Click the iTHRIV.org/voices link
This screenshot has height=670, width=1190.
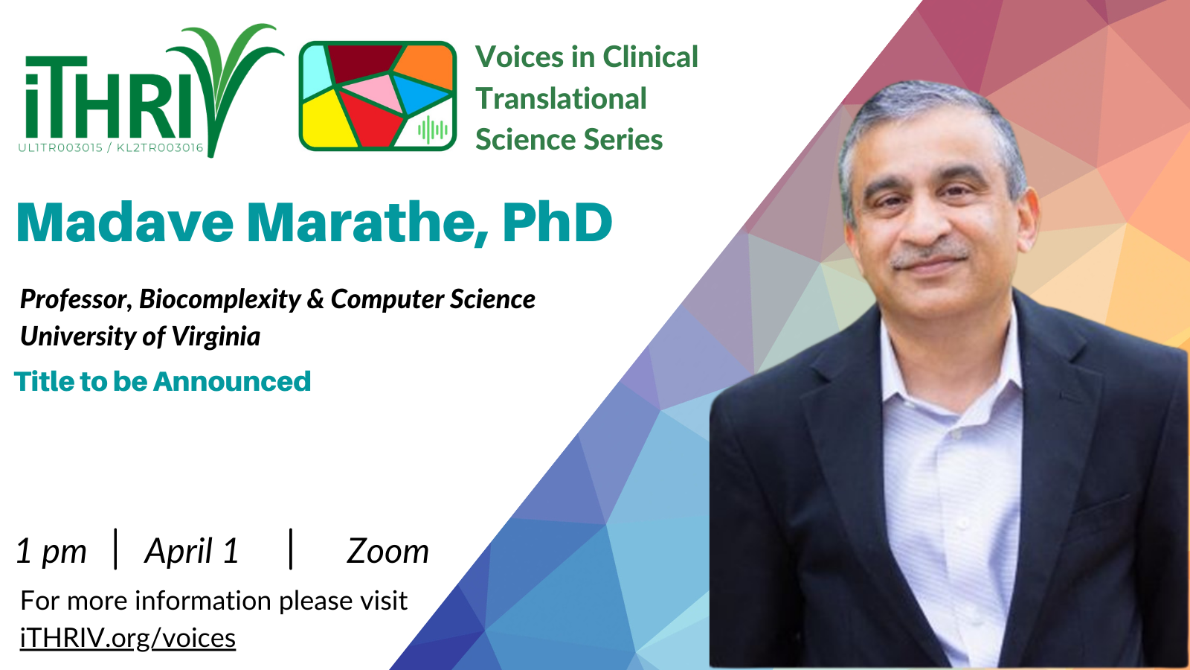click(x=127, y=638)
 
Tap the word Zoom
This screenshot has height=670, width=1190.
click(x=387, y=552)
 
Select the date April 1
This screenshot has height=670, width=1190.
click(x=192, y=552)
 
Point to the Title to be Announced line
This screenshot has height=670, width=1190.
click(x=163, y=381)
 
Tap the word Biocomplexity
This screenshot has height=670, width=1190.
click(x=220, y=299)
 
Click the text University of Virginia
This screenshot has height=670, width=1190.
click(x=141, y=336)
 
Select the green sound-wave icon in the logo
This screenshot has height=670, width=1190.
click(x=432, y=130)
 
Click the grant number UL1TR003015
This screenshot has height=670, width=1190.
click(x=60, y=148)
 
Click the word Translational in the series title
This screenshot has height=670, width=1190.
click(x=561, y=98)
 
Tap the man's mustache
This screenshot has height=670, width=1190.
click(x=930, y=256)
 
